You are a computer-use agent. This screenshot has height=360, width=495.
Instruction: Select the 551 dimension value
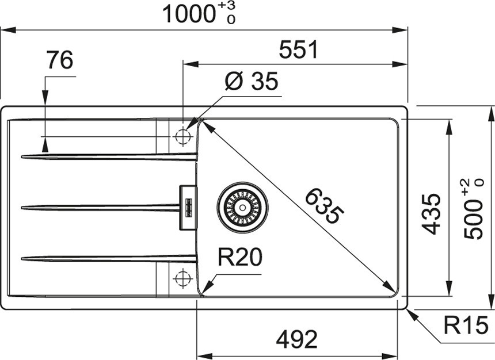tap(299, 50)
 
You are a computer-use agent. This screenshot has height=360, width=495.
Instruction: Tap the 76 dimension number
tap(60, 60)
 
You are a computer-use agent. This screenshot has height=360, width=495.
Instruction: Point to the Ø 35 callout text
tap(252, 81)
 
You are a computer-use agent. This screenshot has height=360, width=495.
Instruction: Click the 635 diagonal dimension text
tap(324, 206)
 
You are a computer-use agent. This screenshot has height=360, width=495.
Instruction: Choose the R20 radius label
tap(240, 257)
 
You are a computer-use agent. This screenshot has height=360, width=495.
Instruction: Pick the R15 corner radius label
tap(466, 325)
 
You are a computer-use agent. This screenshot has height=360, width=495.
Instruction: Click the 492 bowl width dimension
tap(297, 339)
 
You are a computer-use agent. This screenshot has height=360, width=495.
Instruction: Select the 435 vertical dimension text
tap(431, 215)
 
